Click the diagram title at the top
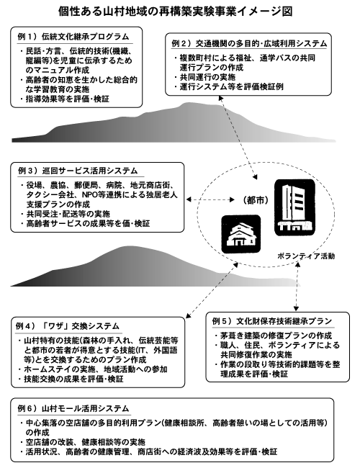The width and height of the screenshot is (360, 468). click(175, 11)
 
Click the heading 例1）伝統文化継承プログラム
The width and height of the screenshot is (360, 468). click(73, 37)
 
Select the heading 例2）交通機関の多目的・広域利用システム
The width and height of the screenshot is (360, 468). click(249, 44)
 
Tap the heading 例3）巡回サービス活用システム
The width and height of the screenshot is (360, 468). click(78, 171)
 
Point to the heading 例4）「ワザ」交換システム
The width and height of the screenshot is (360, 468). click(67, 326)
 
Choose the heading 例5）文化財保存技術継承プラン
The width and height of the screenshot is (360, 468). click(272, 321)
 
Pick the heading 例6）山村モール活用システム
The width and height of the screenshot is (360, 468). click(73, 408)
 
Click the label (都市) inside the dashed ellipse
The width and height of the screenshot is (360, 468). click(255, 200)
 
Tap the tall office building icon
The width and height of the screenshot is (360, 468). click(294, 207)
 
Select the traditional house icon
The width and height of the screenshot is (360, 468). click(241, 234)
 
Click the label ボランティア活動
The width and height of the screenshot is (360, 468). click(306, 256)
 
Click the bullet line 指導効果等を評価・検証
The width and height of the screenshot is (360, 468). click(65, 99)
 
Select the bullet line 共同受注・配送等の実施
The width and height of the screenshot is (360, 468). click(66, 214)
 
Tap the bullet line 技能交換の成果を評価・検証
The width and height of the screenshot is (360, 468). click(71, 379)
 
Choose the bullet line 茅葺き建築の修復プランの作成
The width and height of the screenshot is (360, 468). click(273, 336)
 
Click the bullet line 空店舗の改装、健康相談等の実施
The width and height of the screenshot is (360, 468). click(83, 442)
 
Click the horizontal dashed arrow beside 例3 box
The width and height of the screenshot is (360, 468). click(210, 199)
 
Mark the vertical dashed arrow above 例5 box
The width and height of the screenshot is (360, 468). click(297, 287)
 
